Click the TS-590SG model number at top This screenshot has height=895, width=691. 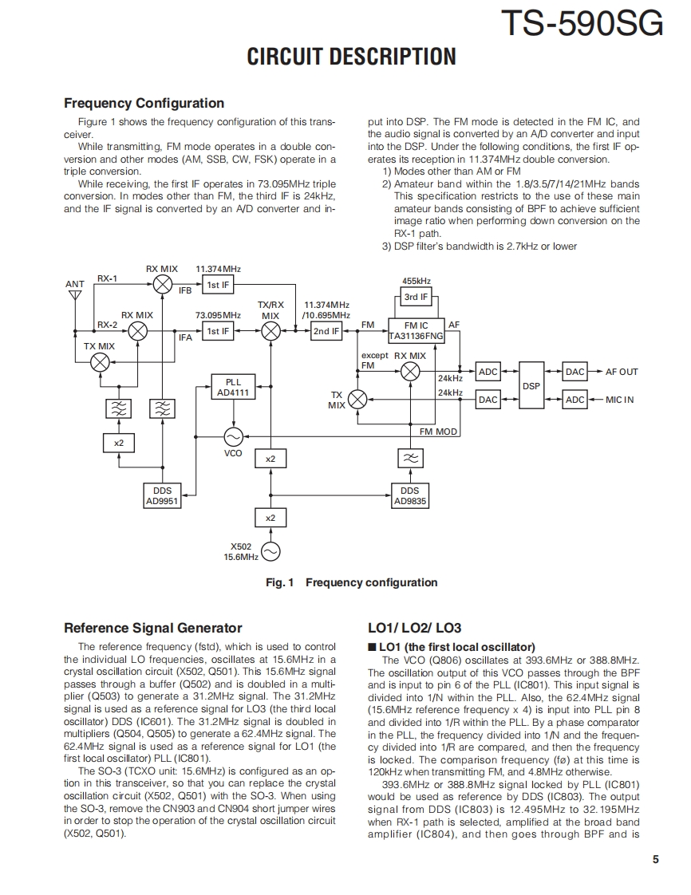[x=582, y=23]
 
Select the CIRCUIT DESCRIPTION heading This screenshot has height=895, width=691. [x=351, y=57]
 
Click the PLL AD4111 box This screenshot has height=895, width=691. [x=232, y=387]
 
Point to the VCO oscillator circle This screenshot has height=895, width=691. [x=233, y=436]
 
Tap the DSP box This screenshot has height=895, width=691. [x=531, y=385]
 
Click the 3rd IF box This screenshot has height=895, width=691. [x=416, y=297]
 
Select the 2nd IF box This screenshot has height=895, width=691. [x=326, y=331]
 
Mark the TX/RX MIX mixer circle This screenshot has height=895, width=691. [x=271, y=331]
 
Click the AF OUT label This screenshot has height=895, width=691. [x=622, y=372]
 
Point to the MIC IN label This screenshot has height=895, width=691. [x=619, y=400]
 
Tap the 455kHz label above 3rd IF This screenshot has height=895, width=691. [x=416, y=281]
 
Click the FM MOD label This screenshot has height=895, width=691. [x=439, y=432]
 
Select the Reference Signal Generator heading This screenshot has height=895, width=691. [x=152, y=628]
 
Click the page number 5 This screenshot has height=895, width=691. [x=655, y=859]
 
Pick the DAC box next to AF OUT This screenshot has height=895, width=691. [x=575, y=372]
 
